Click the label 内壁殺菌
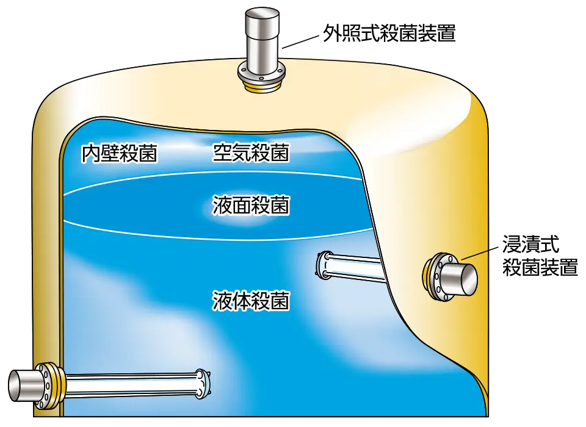click(x=120, y=154)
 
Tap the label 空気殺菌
click(x=251, y=152)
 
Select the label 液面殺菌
click(x=251, y=205)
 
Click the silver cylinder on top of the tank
click(x=261, y=37)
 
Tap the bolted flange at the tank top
click(x=261, y=76)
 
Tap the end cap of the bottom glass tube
click(x=201, y=384)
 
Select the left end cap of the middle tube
click(x=324, y=266)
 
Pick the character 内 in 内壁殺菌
click(x=92, y=154)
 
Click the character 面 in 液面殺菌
click(x=241, y=205)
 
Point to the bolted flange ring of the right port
click(x=434, y=278)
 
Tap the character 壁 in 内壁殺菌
click(x=110, y=154)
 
